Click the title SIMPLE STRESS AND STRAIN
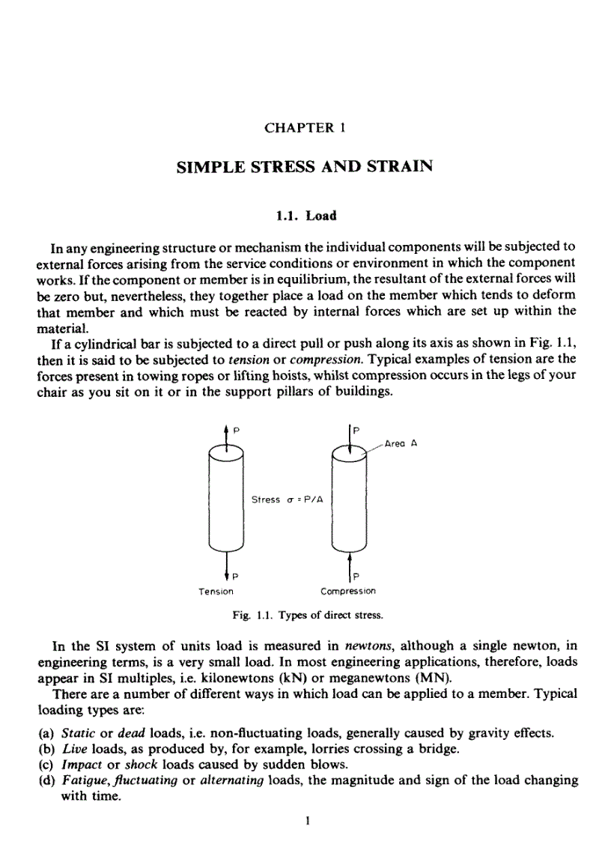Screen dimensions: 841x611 tap(305, 167)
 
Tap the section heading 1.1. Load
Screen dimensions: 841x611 tap(305, 216)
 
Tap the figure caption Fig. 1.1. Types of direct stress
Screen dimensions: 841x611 tap(305, 616)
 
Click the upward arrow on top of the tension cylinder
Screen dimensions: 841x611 tap(226, 434)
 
